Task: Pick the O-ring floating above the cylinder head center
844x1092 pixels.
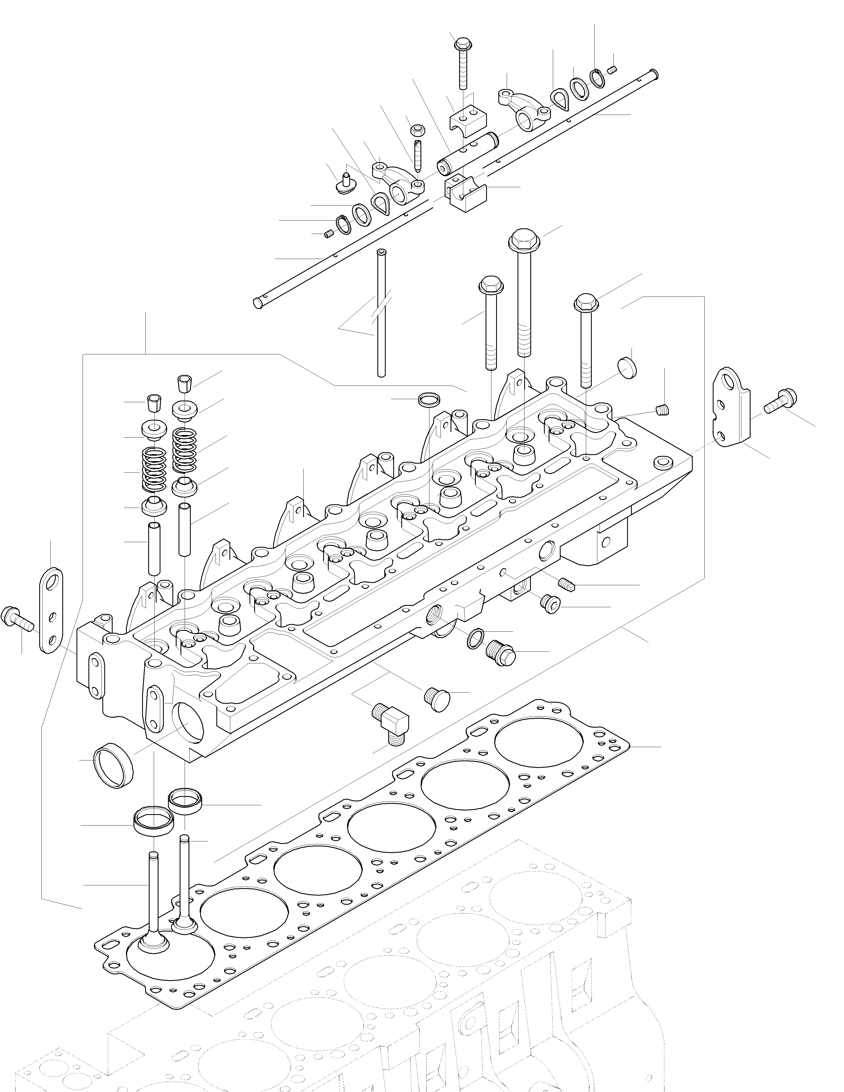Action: (429, 399)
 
